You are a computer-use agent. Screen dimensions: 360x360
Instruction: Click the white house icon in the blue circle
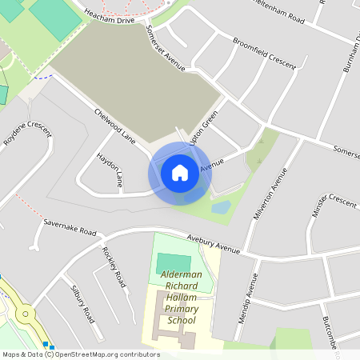(179, 172)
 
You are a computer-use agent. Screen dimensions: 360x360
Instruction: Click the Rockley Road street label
(114, 266)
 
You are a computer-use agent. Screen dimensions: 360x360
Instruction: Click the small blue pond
(221, 208)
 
